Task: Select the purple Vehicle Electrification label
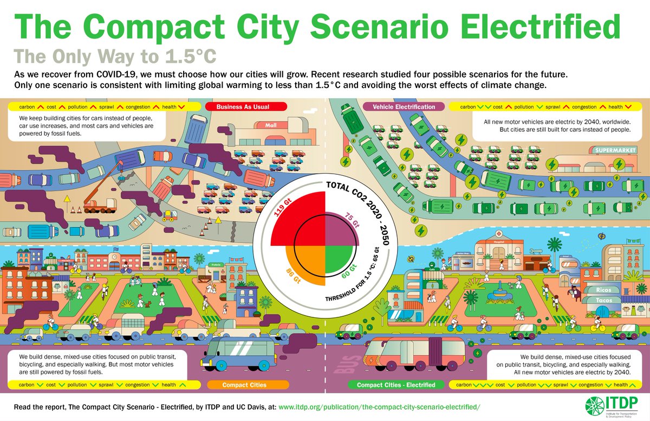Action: point(403,107)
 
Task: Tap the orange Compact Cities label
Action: point(244,385)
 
